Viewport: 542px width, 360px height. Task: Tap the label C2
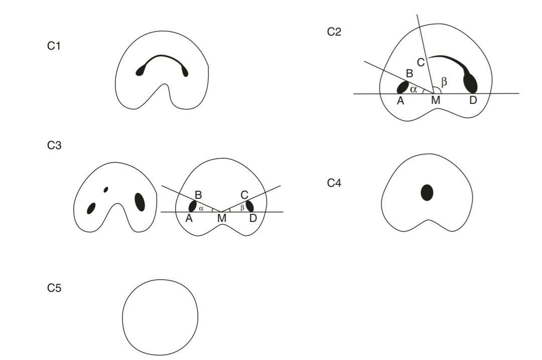(x=334, y=32)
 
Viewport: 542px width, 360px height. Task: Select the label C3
(x=54, y=146)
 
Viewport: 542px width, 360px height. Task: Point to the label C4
(x=334, y=183)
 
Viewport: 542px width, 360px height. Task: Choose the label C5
(x=54, y=289)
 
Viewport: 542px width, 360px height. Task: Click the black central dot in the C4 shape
(x=427, y=192)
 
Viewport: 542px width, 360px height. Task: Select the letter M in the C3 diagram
(x=221, y=219)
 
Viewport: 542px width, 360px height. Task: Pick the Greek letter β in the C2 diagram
(x=443, y=80)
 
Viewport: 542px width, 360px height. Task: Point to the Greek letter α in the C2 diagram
(x=414, y=89)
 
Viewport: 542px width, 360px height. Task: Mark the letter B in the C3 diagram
(x=198, y=193)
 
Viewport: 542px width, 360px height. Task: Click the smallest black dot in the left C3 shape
(x=105, y=189)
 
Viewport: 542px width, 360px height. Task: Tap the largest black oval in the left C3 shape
(x=140, y=202)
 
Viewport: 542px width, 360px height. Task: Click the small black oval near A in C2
(x=402, y=87)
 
